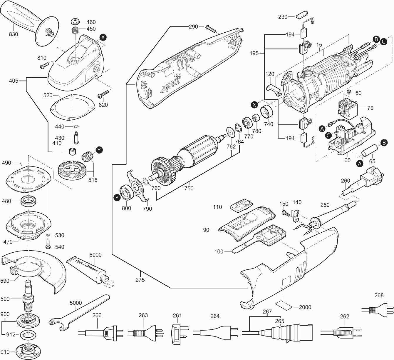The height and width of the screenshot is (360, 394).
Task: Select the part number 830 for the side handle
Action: click(14, 34)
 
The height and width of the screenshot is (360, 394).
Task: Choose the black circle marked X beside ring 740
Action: click(255, 104)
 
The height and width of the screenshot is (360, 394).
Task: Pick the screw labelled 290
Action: click(211, 29)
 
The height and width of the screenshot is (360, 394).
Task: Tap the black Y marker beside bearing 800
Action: click(118, 198)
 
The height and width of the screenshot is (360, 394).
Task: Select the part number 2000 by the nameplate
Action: click(305, 307)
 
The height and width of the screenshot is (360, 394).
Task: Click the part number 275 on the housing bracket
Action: click(140, 280)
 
